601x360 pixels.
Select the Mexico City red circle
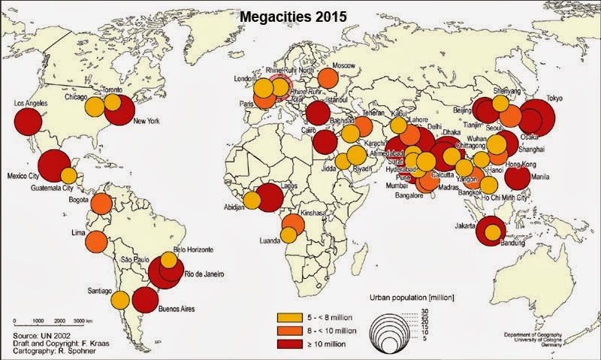[54, 165]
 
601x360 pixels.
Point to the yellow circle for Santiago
[119, 299]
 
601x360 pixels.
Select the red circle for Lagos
[269, 198]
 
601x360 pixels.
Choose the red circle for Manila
[518, 177]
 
